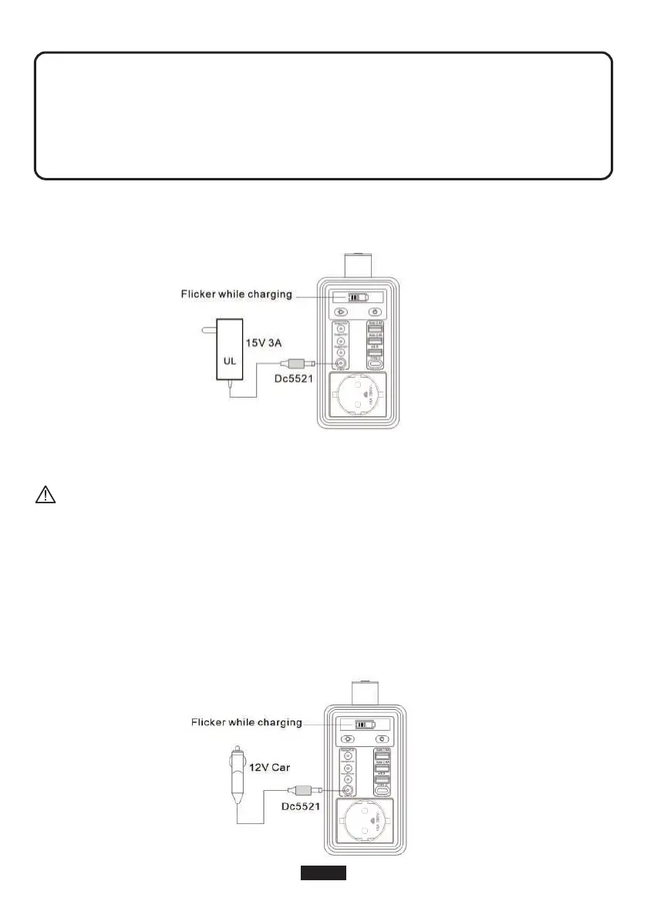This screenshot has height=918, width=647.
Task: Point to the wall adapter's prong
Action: coord(208,330)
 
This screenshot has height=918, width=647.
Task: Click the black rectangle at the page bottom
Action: coord(323,873)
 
